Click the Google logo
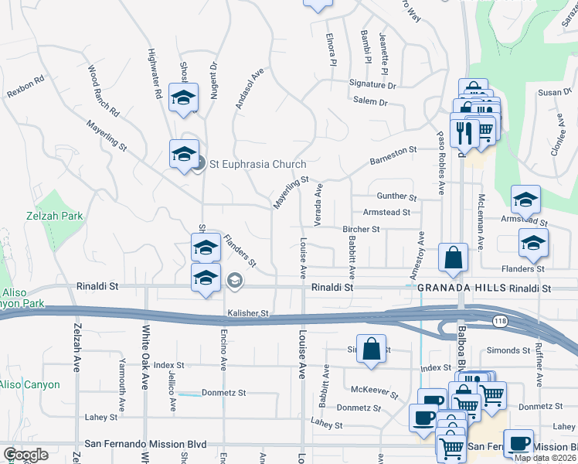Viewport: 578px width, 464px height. click(x=25, y=455)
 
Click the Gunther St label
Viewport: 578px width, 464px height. click(x=396, y=197)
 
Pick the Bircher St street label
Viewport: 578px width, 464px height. click(x=361, y=229)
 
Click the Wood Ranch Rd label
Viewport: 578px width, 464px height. click(x=104, y=90)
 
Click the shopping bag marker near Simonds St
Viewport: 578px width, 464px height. click(x=372, y=348)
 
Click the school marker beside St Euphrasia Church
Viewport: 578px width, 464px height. click(x=184, y=154)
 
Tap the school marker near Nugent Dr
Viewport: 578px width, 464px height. click(x=183, y=97)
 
